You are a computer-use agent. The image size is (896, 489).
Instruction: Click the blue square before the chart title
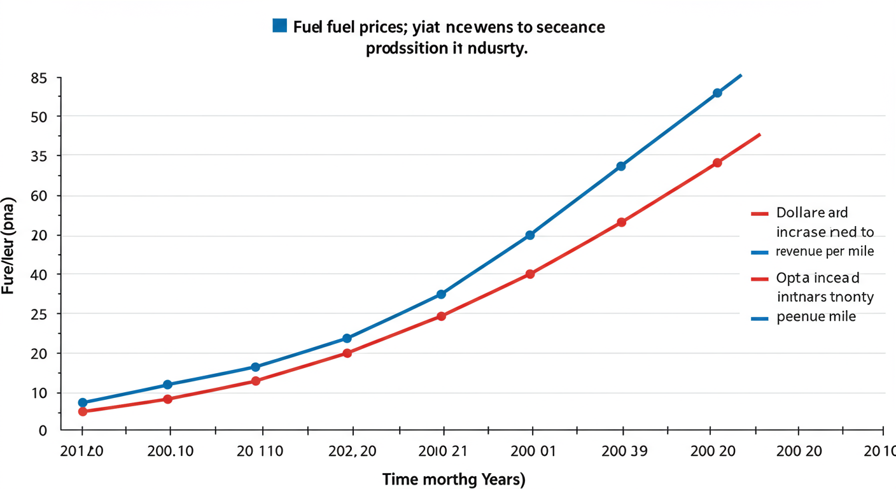(x=279, y=25)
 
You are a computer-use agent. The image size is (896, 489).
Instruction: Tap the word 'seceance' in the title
(x=569, y=27)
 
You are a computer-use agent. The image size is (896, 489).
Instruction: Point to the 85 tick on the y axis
(x=39, y=78)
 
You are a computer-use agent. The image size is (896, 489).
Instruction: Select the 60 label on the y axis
(x=39, y=196)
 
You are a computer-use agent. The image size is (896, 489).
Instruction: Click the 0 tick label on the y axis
(x=43, y=431)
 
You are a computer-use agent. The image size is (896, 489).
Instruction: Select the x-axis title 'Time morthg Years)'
(x=454, y=479)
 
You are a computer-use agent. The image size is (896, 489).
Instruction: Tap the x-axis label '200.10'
(x=170, y=451)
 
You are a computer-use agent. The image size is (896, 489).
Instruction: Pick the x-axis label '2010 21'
(x=442, y=451)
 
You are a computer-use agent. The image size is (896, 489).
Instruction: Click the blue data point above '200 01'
(x=530, y=235)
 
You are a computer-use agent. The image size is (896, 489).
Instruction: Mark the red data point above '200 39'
(x=622, y=222)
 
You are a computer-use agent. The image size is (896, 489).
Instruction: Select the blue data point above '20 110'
(x=256, y=367)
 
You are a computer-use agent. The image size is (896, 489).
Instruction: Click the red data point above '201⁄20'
(x=83, y=411)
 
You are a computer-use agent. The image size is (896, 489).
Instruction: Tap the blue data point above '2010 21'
(x=442, y=294)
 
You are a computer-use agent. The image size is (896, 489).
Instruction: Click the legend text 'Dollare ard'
(x=812, y=213)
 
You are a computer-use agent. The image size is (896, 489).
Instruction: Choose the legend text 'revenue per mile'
(x=825, y=252)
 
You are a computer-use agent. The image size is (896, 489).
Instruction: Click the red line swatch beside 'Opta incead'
(x=760, y=279)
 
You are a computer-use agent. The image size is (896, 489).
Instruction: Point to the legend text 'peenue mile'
(x=816, y=316)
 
